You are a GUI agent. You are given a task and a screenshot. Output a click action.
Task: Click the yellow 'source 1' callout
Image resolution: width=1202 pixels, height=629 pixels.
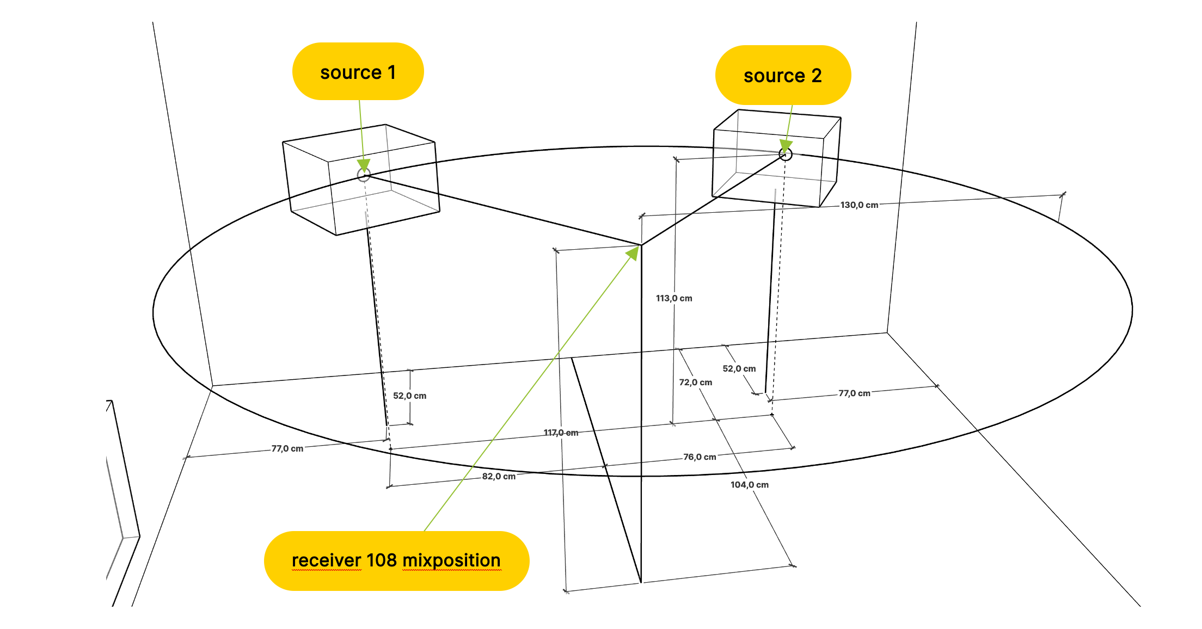[358, 72]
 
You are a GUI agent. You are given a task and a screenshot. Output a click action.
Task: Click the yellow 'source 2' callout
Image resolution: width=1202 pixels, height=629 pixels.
[782, 76]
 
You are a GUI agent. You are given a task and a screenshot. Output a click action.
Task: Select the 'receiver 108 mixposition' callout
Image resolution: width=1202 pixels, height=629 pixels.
[396, 560]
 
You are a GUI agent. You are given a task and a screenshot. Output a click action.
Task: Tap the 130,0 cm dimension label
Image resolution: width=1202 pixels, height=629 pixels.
[859, 205]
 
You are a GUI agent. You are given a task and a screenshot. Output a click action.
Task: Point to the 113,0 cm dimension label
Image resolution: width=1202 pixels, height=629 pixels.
[674, 298]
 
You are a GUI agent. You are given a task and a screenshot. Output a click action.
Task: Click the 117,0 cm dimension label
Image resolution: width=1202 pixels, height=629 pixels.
[561, 433]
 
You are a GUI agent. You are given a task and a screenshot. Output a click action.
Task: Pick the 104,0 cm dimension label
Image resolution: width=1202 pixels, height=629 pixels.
[749, 485]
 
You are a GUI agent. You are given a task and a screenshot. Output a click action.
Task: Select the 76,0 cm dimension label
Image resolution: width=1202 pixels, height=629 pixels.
[700, 457]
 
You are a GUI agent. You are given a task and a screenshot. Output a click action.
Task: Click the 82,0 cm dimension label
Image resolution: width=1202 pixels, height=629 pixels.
[499, 476]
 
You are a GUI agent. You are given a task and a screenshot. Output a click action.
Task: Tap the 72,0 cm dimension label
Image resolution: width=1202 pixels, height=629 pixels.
[695, 383]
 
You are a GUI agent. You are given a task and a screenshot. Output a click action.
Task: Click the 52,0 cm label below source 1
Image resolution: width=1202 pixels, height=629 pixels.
[409, 396]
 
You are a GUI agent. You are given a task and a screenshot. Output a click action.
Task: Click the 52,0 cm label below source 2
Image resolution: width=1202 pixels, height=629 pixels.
[739, 368]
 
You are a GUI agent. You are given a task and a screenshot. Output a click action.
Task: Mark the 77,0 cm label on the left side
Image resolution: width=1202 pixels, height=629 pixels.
[287, 448]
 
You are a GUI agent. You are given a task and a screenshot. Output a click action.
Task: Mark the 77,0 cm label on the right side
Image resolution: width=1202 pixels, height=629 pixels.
[854, 393]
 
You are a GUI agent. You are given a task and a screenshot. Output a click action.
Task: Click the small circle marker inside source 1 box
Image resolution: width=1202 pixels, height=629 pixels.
[364, 175]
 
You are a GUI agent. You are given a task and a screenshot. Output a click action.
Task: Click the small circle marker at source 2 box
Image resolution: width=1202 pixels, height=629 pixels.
[785, 155]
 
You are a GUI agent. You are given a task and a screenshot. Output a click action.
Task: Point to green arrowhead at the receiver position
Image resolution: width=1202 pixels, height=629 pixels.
[633, 253]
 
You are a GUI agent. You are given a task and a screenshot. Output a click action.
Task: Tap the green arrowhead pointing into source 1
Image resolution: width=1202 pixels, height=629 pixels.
[364, 165]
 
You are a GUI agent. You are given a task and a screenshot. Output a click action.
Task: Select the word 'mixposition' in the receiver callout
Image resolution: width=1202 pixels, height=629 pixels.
[451, 560]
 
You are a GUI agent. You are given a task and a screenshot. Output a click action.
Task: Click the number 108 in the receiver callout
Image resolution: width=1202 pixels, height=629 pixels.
[381, 560]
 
